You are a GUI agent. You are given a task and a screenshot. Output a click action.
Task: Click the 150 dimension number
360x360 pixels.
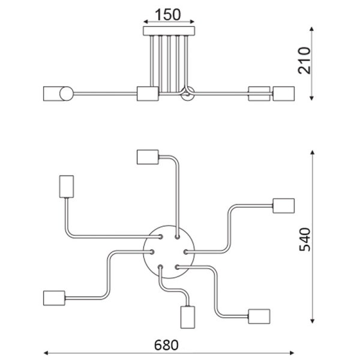[168, 14]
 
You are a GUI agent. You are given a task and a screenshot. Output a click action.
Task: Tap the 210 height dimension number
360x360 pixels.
[304, 61]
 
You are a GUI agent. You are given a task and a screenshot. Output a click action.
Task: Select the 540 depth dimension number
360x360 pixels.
[305, 239]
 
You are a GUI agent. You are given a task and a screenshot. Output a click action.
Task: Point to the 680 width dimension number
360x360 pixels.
[166, 345]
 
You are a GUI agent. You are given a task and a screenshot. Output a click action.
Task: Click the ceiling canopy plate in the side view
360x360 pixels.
[169, 31]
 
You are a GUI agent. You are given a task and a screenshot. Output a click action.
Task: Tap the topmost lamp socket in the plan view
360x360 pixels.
[148, 157]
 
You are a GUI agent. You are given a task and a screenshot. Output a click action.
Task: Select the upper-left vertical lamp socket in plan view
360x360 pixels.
[67, 187]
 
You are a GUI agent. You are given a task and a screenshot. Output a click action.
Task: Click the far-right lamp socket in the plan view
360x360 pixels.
[284, 206]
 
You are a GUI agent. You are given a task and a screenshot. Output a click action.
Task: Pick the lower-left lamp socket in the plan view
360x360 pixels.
[54, 298]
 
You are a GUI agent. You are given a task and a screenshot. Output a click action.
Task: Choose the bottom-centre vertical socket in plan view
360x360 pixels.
[188, 317]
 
